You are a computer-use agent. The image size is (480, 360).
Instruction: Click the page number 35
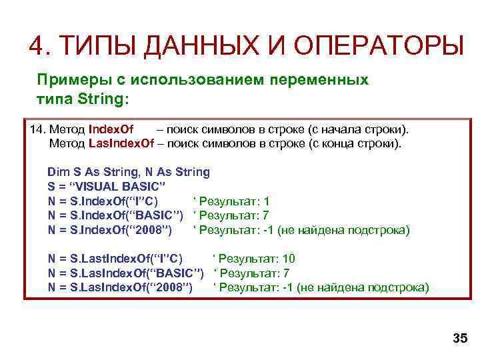click(460, 339)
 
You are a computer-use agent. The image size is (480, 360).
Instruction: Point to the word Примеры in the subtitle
click(67, 80)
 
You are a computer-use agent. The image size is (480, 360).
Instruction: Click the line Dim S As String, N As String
click(129, 172)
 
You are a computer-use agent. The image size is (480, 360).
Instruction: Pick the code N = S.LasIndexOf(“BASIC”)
click(125, 273)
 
